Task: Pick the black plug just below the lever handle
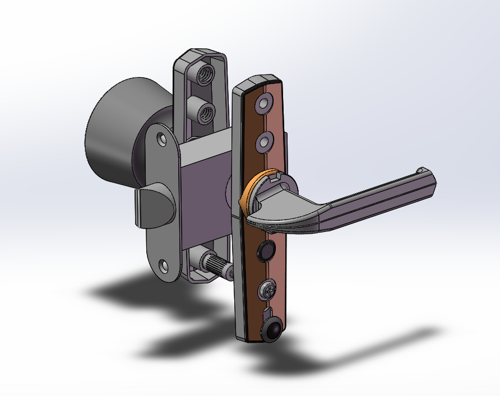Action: click(265, 251)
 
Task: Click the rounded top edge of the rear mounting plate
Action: click(199, 53)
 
